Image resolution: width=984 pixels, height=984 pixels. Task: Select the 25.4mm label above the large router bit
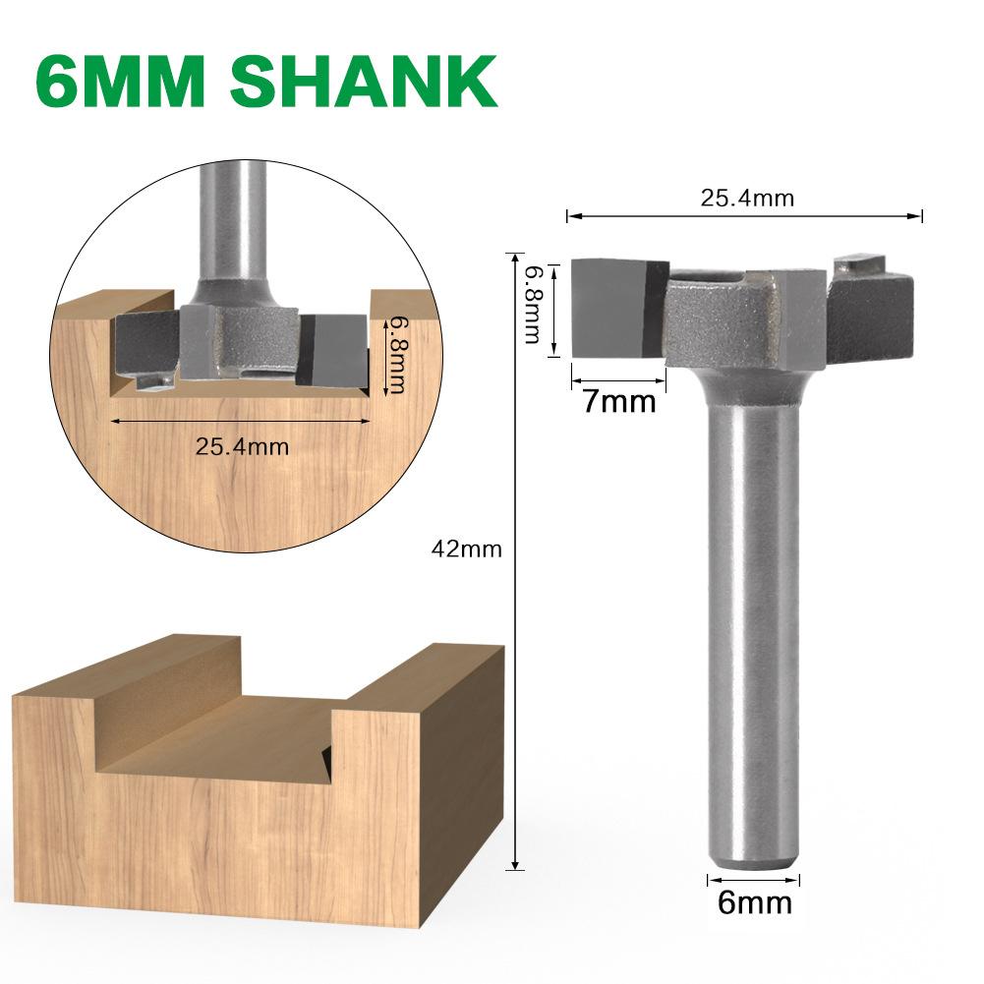pos(746,198)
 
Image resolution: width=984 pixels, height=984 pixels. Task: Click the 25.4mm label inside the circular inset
pos(242,446)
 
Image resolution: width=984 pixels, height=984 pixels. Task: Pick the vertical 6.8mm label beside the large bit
pos(533,304)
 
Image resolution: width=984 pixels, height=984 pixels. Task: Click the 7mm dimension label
pos(618,401)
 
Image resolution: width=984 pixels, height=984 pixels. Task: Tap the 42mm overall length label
pos(466,550)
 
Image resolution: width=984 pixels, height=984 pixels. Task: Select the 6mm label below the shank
pos(754,902)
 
